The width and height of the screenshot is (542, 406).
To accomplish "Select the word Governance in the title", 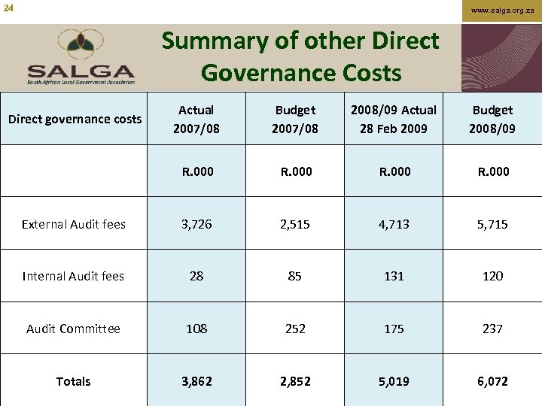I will point(251,73).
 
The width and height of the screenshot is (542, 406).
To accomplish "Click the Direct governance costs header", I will point(75,119).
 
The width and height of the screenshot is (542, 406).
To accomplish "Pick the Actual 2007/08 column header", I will point(196,119).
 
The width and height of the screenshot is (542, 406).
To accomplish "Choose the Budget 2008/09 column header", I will point(492,119).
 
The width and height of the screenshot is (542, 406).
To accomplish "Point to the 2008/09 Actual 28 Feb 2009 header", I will point(394,119).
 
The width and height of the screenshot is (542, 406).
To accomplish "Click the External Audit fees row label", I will point(74,224).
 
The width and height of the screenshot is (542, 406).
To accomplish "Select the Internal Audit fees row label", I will point(74,276).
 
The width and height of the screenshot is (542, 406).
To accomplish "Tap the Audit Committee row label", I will point(74,329).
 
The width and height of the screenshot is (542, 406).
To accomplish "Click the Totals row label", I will point(74,381).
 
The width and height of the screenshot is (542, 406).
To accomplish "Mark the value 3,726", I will point(196,224).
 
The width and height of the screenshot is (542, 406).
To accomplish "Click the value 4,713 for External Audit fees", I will point(394,224).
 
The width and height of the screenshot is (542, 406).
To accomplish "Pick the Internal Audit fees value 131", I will point(394,276).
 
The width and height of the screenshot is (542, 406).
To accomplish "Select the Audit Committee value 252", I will point(295,329).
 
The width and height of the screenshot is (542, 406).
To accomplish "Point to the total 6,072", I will point(492,381).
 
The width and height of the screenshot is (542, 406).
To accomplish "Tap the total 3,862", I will point(196,381).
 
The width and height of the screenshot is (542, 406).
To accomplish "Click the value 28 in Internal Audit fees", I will point(196,276).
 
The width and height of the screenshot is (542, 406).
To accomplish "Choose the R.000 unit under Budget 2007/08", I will point(295,171).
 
